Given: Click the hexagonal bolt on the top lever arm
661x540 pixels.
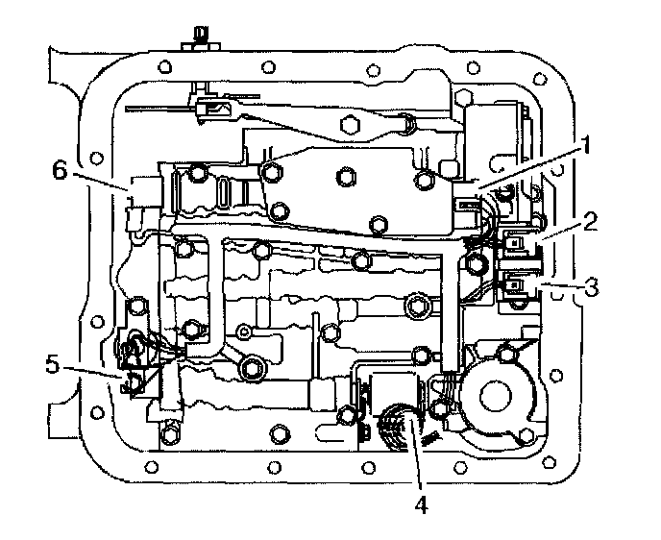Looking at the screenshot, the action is point(350,125).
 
